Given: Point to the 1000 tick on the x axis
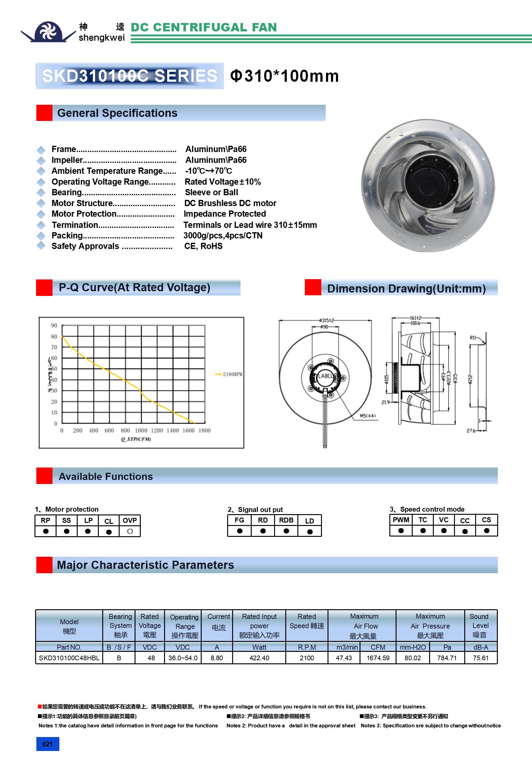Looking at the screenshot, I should (x=141, y=431).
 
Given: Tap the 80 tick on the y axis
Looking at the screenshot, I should (x=54, y=337).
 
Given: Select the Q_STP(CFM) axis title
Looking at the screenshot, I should (x=136, y=439).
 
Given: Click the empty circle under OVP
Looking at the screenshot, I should (x=130, y=532).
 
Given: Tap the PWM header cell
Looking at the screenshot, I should (x=401, y=520).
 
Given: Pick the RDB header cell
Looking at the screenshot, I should (x=286, y=520).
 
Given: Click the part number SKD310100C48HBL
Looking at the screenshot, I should (x=69, y=658).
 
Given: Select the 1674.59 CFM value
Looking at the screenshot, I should (x=378, y=658).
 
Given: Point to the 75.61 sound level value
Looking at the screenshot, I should (x=480, y=658).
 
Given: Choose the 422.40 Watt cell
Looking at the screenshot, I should (x=259, y=658).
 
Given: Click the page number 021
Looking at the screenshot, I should (x=47, y=744).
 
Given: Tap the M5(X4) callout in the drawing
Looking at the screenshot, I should (x=368, y=416).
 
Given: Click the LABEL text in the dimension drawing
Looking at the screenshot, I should (x=325, y=376).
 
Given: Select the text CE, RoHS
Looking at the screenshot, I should (x=203, y=246).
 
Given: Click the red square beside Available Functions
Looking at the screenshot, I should (x=44, y=476).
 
